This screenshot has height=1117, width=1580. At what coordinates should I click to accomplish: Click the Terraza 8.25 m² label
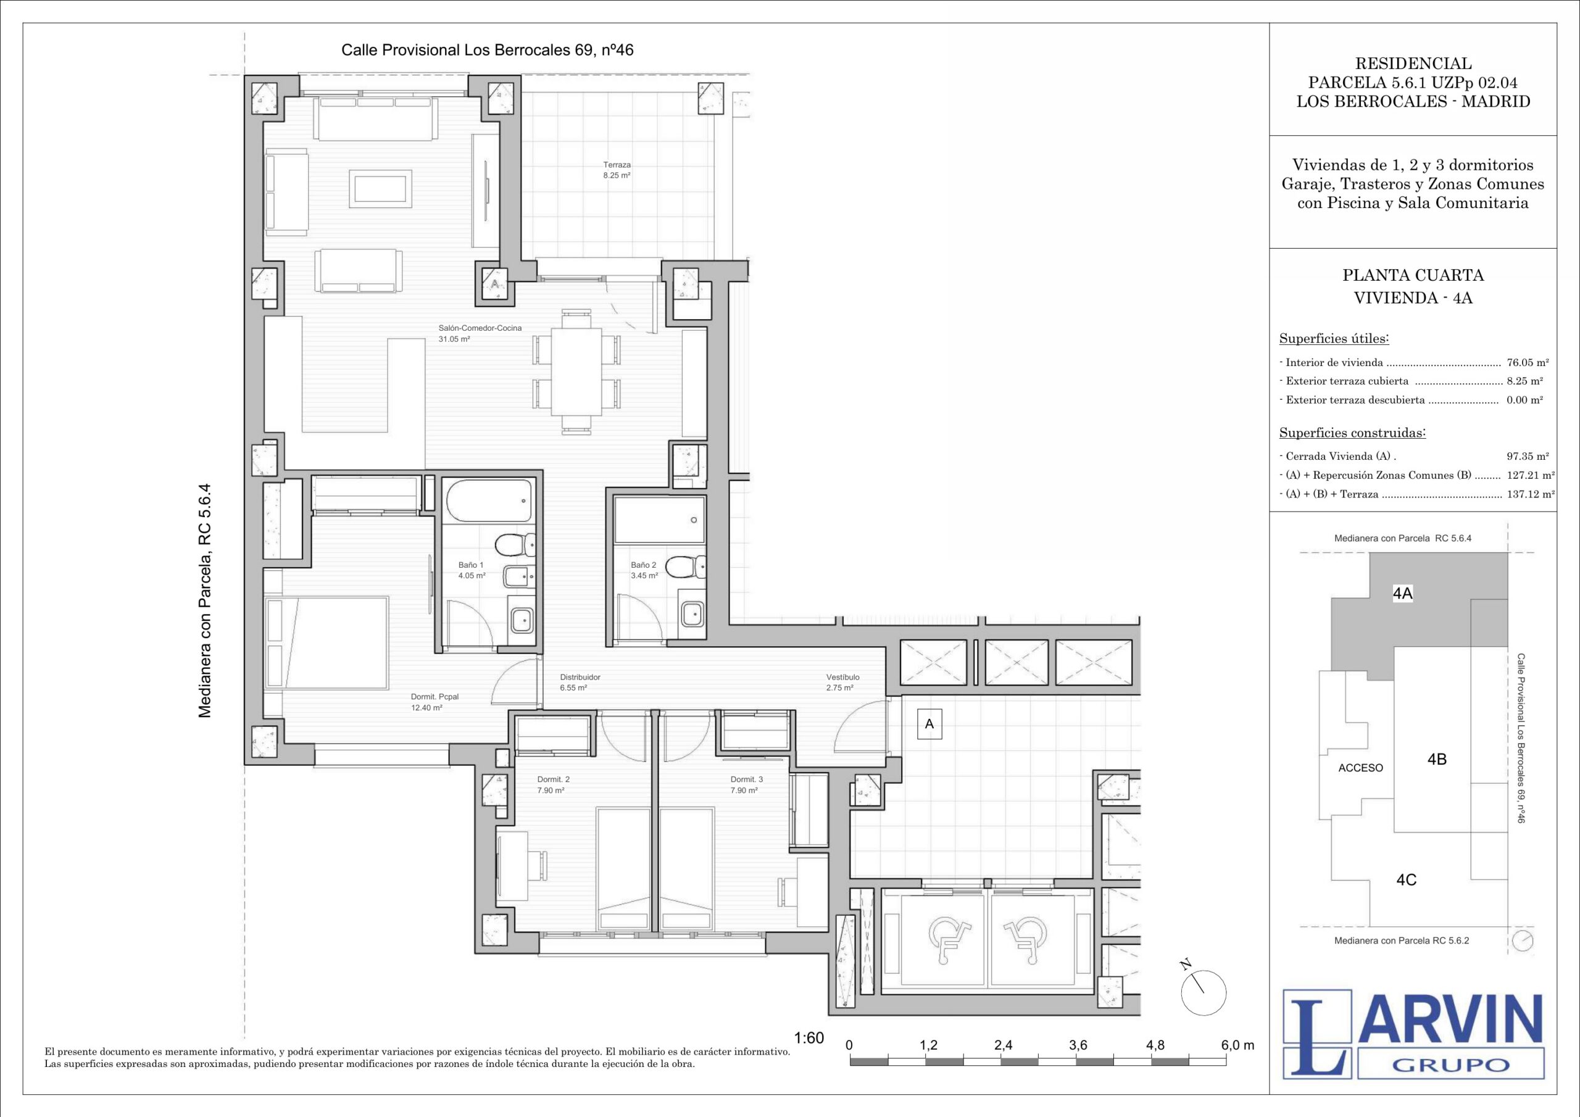[617, 170]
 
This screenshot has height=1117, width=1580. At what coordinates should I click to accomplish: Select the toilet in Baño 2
[688, 567]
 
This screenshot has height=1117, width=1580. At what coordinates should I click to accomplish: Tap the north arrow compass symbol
[1203, 992]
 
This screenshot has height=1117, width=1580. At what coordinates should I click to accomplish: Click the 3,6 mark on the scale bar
[1078, 1044]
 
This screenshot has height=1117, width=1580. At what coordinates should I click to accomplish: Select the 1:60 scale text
[809, 1038]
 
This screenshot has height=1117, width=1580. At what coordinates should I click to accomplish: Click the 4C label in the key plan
[1406, 879]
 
